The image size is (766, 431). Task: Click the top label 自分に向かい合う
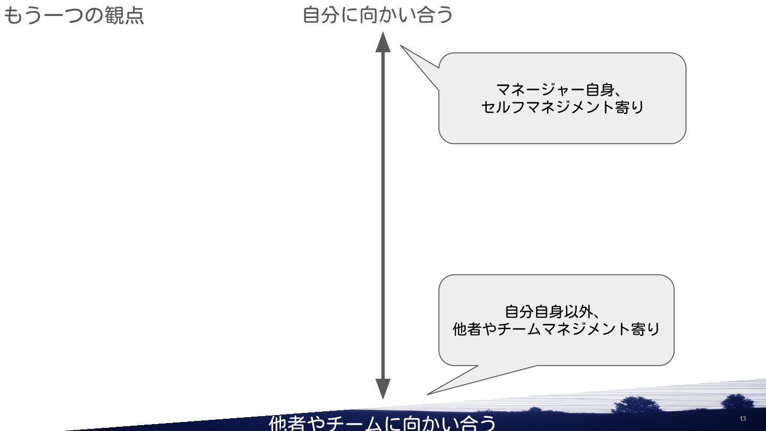(378, 14)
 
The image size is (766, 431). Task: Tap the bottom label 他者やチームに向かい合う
(382, 424)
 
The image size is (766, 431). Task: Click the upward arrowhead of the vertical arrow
(383, 43)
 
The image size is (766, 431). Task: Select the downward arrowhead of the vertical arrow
(383, 388)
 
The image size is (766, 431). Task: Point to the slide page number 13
(743, 419)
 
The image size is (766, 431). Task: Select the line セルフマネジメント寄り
(562, 107)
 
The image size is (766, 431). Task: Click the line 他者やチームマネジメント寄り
(556, 329)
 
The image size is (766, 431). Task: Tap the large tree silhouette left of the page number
(636, 405)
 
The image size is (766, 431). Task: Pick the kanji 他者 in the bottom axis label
(287, 424)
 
